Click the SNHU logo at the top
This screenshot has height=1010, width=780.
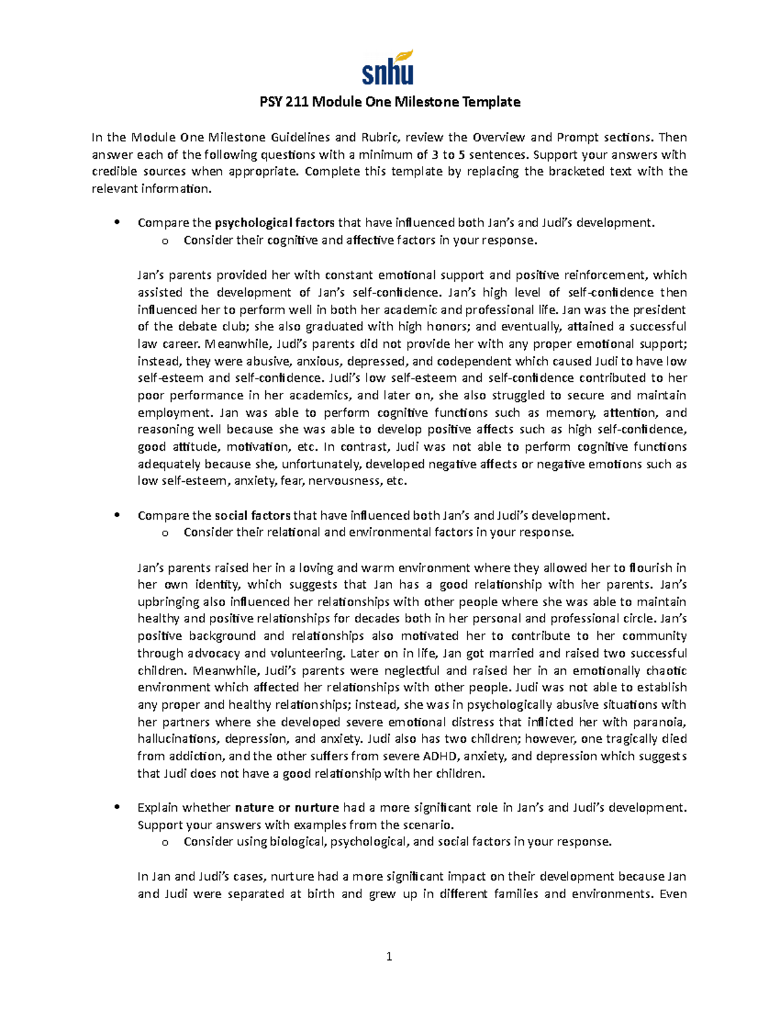[388, 68]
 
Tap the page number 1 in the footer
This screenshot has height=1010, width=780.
[389, 956]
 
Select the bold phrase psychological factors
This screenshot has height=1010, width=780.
[274, 223]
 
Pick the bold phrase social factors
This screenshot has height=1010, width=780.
[252, 516]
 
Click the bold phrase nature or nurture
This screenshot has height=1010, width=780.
[287, 808]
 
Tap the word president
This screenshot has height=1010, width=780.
[658, 310]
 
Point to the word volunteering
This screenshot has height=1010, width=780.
[313, 653]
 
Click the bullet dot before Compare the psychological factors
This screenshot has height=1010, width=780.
[117, 222]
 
